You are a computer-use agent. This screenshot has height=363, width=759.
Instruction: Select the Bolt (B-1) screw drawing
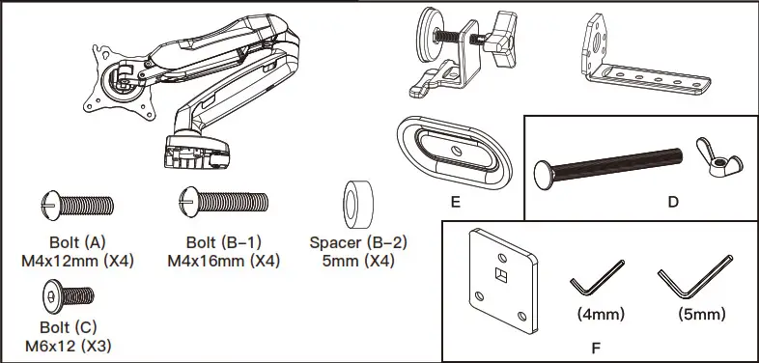tap(222, 203)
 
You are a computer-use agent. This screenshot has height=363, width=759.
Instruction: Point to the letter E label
tap(455, 204)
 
